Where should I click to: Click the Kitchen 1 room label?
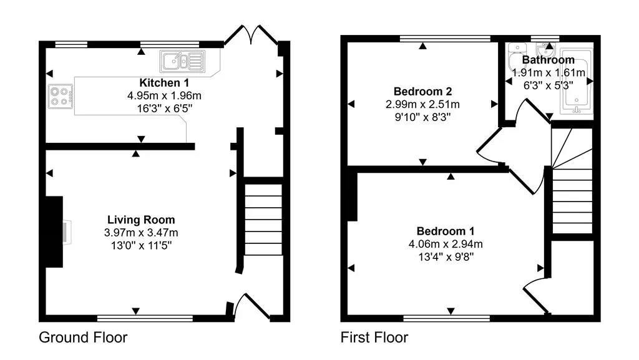click(164, 83)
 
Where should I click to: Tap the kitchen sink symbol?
click(183, 62)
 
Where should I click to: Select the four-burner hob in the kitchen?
click(61, 97)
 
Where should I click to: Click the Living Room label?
click(141, 220)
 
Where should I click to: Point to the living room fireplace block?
click(54, 231)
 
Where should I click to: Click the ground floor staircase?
click(263, 220)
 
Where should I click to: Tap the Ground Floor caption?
click(83, 337)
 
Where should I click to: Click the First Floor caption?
click(374, 337)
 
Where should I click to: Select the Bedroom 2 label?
click(422, 91)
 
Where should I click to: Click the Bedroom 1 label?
click(446, 231)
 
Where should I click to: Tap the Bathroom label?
click(548, 60)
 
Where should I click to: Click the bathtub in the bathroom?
click(576, 80)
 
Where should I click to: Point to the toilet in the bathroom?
click(516, 57)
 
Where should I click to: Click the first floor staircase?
click(572, 181)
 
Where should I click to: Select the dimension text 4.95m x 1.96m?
click(164, 95)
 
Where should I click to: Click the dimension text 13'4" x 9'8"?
click(446, 257)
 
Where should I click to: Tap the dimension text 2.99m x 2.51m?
click(422, 104)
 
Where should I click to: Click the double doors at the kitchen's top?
click(251, 35)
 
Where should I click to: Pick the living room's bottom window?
click(145, 318)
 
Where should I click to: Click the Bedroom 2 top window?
click(445, 39)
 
